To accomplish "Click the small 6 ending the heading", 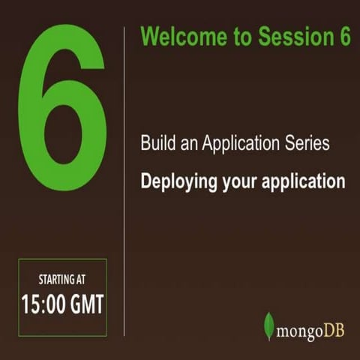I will coord(344,37).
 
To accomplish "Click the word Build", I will coord(155,143).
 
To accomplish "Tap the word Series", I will coord(307,143).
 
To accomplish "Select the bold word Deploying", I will coord(177,182).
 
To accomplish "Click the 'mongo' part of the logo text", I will coord(298,331).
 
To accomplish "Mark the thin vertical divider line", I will coord(124,180).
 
